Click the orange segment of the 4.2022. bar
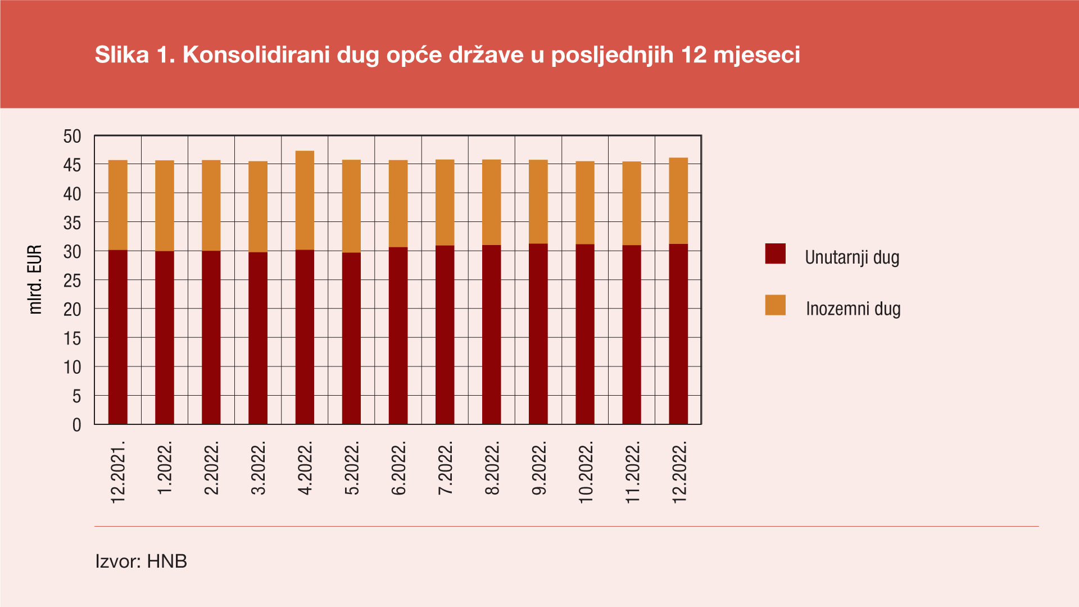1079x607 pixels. tap(305, 200)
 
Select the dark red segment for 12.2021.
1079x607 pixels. tap(118, 337)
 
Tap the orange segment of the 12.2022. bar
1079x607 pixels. tap(678, 201)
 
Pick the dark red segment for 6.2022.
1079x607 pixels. tap(398, 336)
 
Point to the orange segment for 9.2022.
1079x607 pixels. tap(538, 202)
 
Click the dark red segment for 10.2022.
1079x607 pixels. tap(585, 334)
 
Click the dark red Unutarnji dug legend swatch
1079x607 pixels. tap(775, 254)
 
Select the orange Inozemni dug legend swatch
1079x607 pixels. tap(775, 305)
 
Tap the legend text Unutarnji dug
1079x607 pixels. tap(852, 257)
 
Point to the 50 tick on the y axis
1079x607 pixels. tap(72, 137)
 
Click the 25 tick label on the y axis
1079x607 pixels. tap(72, 280)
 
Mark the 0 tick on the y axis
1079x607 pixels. tap(77, 425)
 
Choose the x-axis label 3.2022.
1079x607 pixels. tap(258, 468)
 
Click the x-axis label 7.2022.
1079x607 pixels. tap(445, 468)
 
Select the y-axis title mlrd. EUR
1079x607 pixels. tap(35, 279)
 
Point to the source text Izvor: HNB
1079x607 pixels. tap(141, 561)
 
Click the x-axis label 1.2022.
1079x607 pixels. tap(165, 468)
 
